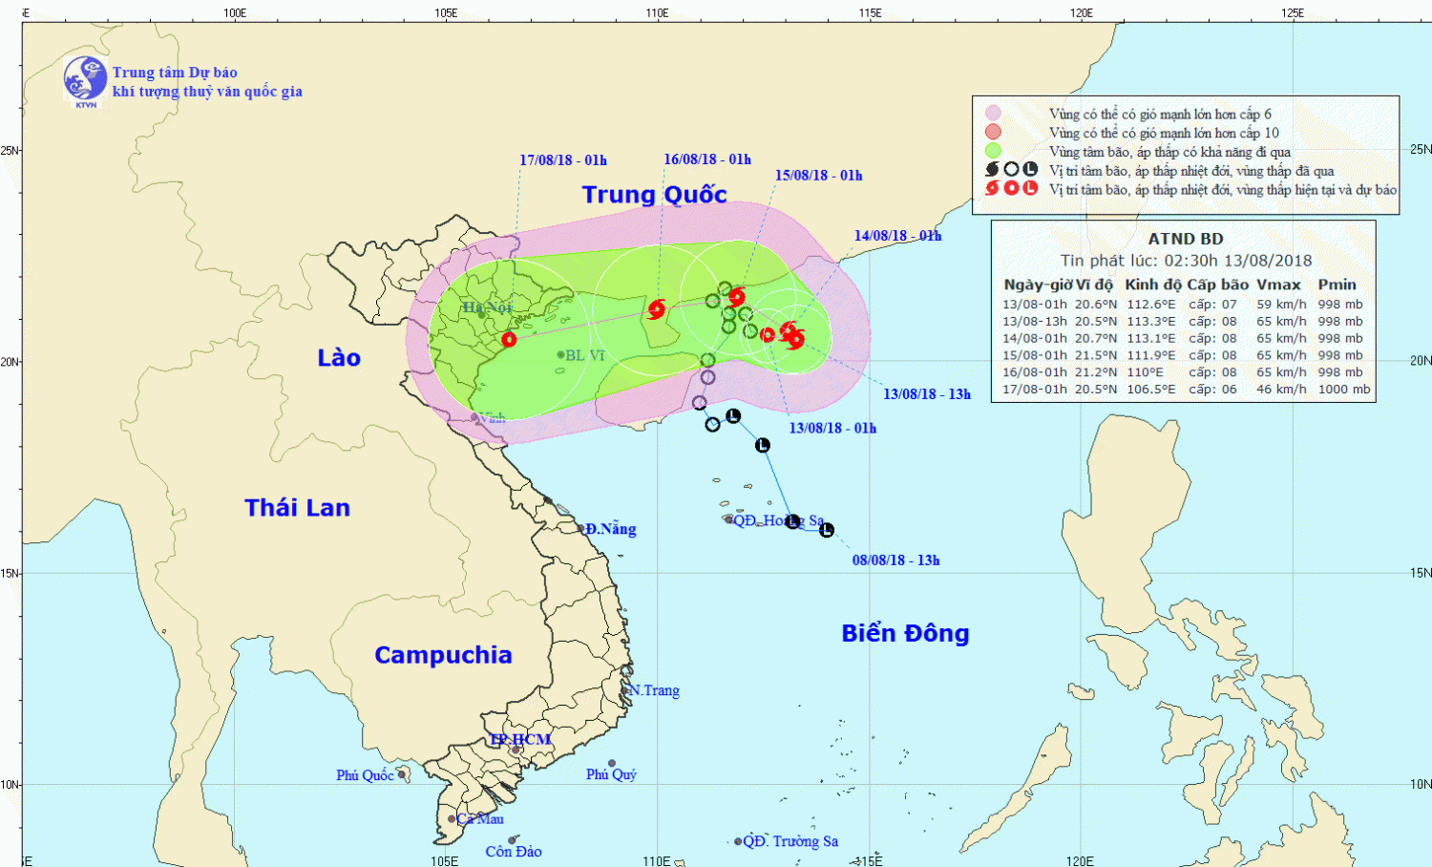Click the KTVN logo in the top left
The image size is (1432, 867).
(85, 79)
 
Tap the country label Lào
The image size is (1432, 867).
(339, 358)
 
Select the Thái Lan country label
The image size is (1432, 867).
(297, 508)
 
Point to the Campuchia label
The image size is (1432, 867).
(443, 655)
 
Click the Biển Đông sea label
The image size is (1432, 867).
(905, 633)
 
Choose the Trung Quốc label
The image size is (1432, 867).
(654, 195)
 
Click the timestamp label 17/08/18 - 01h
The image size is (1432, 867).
(563, 160)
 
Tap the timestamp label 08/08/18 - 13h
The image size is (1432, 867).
(895, 560)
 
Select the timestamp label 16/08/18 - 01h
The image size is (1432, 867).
(707, 159)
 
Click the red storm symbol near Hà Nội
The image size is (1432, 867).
(509, 339)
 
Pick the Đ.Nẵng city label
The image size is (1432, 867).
(610, 529)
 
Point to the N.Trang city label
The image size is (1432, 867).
(654, 690)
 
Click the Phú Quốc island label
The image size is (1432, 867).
(365, 775)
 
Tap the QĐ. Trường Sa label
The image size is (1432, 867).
(790, 841)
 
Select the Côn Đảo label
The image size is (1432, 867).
(514, 852)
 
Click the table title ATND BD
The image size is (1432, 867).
(1185, 239)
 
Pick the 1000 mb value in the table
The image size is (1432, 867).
(1343, 390)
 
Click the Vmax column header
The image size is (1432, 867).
(1278, 285)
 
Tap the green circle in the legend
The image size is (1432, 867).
(994, 151)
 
